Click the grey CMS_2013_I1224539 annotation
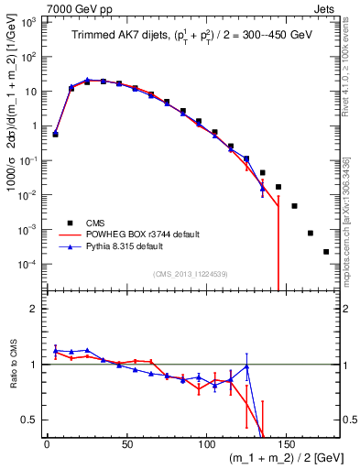click(190, 273)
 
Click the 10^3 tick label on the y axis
click(29, 22)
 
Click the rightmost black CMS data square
click(326, 252)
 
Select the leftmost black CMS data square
click(55, 134)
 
